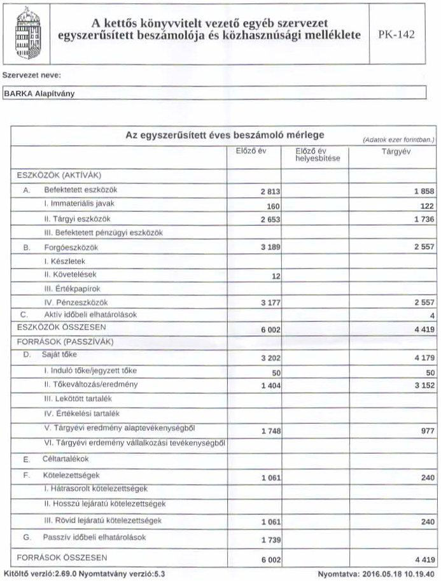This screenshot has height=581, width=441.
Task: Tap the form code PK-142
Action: click(x=396, y=34)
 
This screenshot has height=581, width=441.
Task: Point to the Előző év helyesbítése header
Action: click(x=315, y=155)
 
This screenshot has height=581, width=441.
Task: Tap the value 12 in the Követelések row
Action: click(x=276, y=276)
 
